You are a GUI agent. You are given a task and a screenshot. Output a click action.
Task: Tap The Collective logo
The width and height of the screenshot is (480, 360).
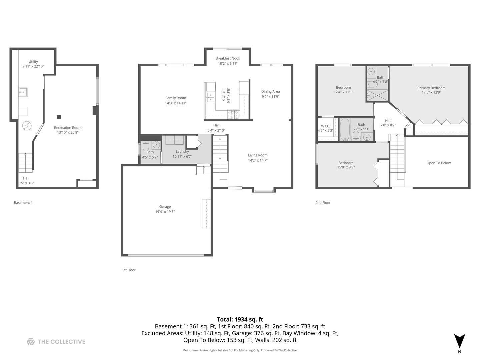[56, 342]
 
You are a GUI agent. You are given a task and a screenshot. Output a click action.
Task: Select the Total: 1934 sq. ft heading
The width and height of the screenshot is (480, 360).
[240, 319]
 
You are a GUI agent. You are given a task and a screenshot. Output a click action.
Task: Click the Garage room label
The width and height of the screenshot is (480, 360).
[165, 207]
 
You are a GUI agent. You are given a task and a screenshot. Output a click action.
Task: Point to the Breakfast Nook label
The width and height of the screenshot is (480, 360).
[228, 58]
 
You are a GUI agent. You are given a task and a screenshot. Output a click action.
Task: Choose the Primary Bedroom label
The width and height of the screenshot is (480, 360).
[431, 88]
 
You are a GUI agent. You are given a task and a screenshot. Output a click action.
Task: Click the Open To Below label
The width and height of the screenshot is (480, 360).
[438, 163]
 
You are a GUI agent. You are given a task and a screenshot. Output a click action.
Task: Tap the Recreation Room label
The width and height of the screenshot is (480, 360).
[68, 128]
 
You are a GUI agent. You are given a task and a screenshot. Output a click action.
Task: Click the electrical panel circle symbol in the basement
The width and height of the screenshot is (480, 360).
[27, 126]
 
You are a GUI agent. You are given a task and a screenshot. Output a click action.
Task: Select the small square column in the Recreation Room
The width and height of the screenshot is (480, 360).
[59, 117]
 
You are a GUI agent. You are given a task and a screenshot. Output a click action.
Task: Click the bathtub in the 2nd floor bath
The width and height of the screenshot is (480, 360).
[345, 129]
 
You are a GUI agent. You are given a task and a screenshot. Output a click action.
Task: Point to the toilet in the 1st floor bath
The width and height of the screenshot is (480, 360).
[146, 146]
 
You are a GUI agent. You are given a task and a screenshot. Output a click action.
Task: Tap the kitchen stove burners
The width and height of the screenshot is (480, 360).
[233, 115]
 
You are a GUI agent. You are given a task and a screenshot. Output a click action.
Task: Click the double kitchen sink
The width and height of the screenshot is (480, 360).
[210, 97]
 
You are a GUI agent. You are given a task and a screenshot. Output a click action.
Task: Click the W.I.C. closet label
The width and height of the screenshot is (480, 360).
[325, 126]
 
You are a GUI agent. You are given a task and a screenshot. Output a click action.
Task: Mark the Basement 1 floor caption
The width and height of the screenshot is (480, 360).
[23, 203]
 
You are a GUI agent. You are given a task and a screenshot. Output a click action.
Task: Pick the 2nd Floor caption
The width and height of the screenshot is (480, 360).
[323, 203]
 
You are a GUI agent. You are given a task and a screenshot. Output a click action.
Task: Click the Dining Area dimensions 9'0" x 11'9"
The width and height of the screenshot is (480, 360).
[270, 97]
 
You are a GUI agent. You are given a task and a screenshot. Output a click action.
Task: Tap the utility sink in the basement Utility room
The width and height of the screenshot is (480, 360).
[23, 92]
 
